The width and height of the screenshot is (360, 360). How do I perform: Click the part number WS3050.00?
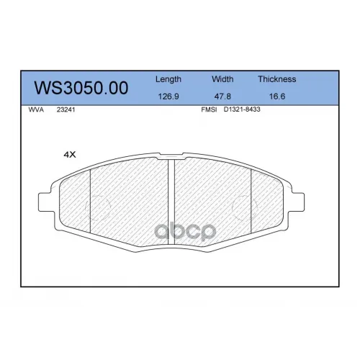[x=81, y=88]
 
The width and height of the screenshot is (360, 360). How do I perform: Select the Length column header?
[x=168, y=79]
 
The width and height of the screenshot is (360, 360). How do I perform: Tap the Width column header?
[x=222, y=79]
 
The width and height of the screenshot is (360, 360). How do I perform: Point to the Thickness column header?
[x=277, y=79]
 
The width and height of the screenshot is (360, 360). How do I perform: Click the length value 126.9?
[x=168, y=96]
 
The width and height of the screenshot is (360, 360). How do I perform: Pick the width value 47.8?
[x=222, y=96]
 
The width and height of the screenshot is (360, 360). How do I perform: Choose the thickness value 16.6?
[x=277, y=96]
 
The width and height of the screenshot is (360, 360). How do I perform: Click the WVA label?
[x=36, y=109]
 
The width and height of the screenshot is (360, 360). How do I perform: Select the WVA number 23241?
[x=66, y=109]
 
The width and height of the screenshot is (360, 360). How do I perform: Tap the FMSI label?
[x=209, y=109]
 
